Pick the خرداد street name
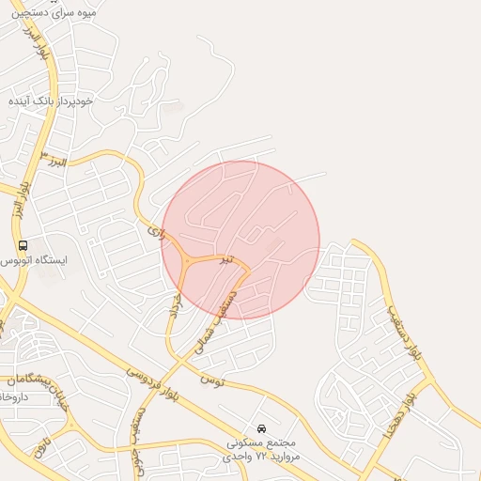[173, 309]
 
